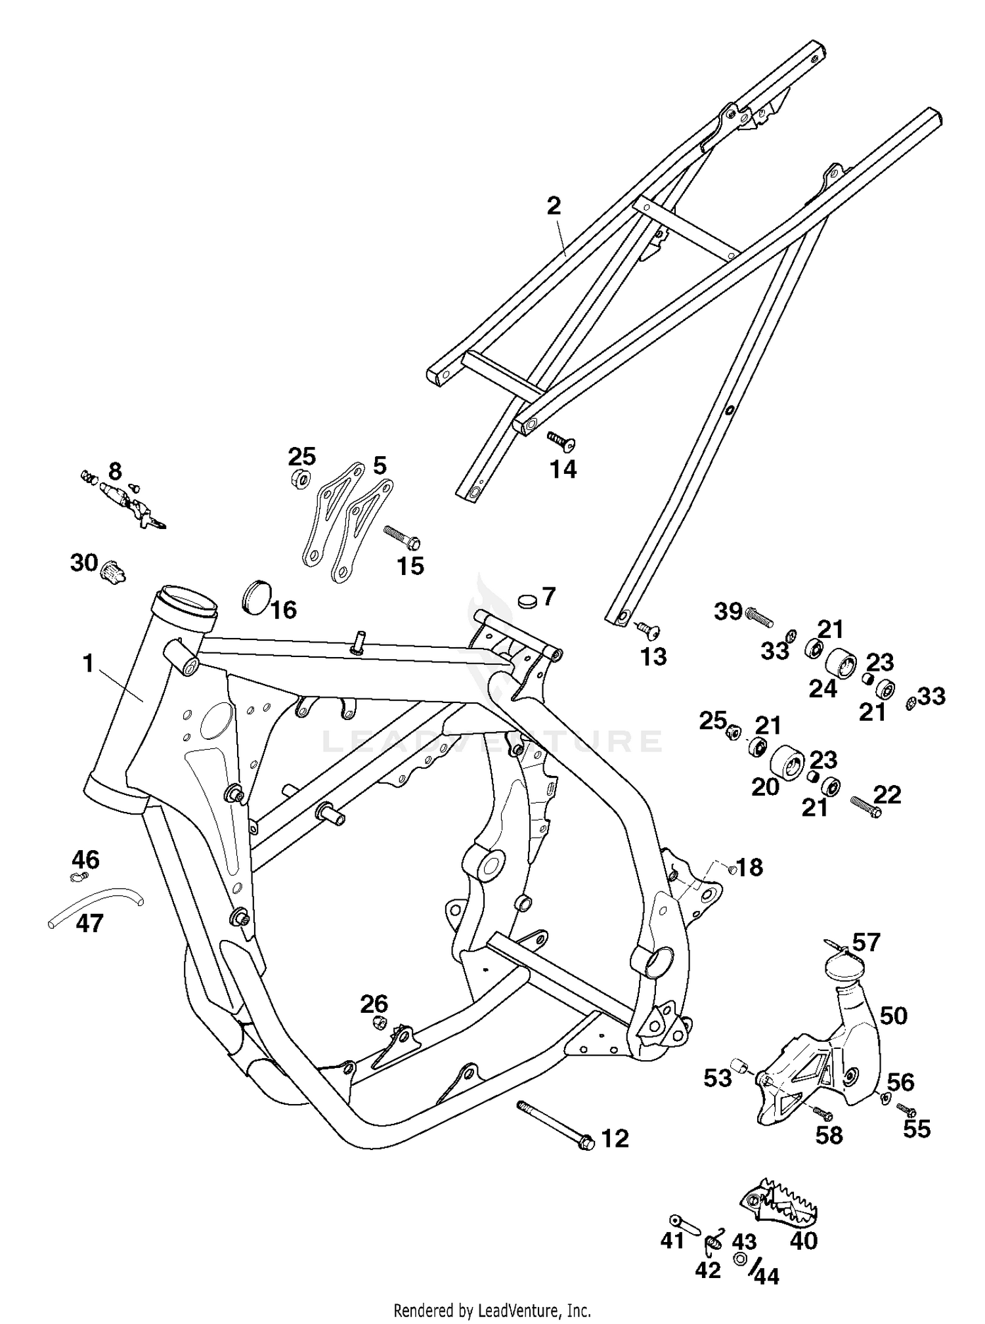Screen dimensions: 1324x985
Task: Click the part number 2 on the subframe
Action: pos(554,207)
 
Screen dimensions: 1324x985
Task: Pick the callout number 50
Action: pos(893,1015)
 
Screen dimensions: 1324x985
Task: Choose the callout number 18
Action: pos(749,868)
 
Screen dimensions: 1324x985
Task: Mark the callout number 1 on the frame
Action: pos(88,664)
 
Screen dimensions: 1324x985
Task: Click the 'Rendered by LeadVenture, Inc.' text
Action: pos(492,1310)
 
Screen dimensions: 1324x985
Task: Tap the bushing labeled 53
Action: pos(741,1066)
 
